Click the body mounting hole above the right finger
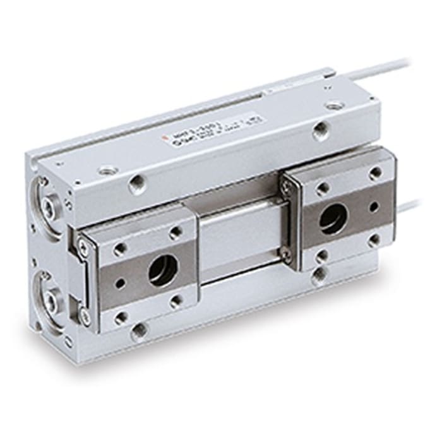(321, 132)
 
